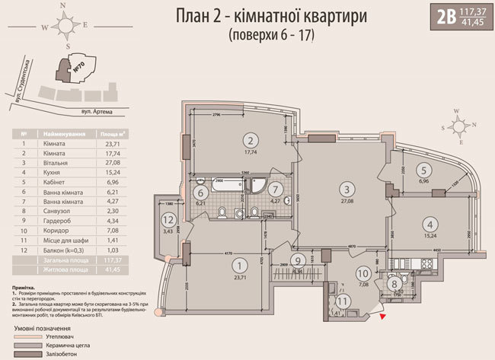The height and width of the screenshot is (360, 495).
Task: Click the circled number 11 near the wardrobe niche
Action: coord(342,301)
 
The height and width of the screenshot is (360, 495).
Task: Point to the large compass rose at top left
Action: coord(68,27)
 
